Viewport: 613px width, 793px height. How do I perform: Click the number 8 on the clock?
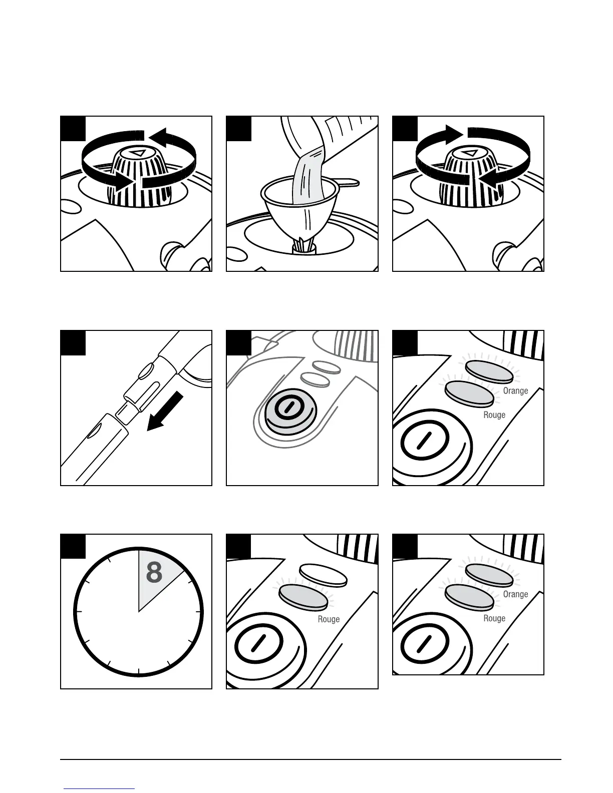tap(154, 572)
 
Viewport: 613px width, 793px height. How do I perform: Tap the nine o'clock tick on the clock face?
tap(78, 612)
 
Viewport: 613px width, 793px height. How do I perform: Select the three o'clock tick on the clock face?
tap(199, 612)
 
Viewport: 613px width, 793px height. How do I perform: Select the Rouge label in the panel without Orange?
tap(329, 619)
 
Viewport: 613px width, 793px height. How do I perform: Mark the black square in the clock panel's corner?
tap(73, 546)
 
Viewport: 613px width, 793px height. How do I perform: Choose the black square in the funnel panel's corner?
tap(238, 129)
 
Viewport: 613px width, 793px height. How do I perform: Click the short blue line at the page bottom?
tap(99, 788)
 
